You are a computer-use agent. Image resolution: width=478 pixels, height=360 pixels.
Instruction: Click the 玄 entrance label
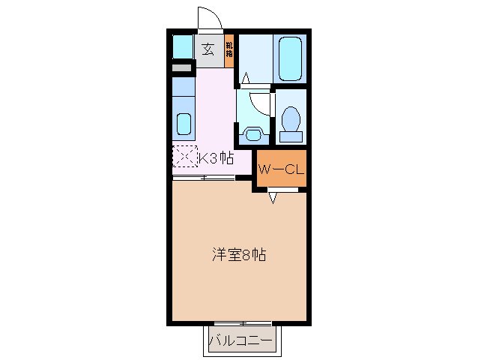(x=208, y=50)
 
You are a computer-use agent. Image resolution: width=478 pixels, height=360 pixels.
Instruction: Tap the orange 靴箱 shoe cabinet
(x=229, y=51)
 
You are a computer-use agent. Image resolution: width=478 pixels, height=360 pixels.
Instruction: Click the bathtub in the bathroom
(x=290, y=59)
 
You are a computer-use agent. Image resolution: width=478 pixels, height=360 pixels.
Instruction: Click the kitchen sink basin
(x=183, y=122)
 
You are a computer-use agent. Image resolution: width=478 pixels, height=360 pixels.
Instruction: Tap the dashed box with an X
(x=183, y=157)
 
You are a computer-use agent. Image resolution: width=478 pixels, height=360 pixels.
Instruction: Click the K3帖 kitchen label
(x=215, y=158)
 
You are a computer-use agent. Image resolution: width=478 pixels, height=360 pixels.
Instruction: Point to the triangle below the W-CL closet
(x=273, y=198)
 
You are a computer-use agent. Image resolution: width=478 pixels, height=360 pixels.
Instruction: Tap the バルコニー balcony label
(x=240, y=342)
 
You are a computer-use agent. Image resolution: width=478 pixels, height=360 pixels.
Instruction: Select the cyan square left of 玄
(x=183, y=47)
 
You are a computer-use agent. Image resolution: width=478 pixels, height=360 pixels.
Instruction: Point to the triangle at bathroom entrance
(x=245, y=76)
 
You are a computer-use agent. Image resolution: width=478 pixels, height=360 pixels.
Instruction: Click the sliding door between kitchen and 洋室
(x=204, y=178)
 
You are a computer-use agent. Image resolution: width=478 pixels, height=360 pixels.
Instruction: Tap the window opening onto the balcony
(x=240, y=323)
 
